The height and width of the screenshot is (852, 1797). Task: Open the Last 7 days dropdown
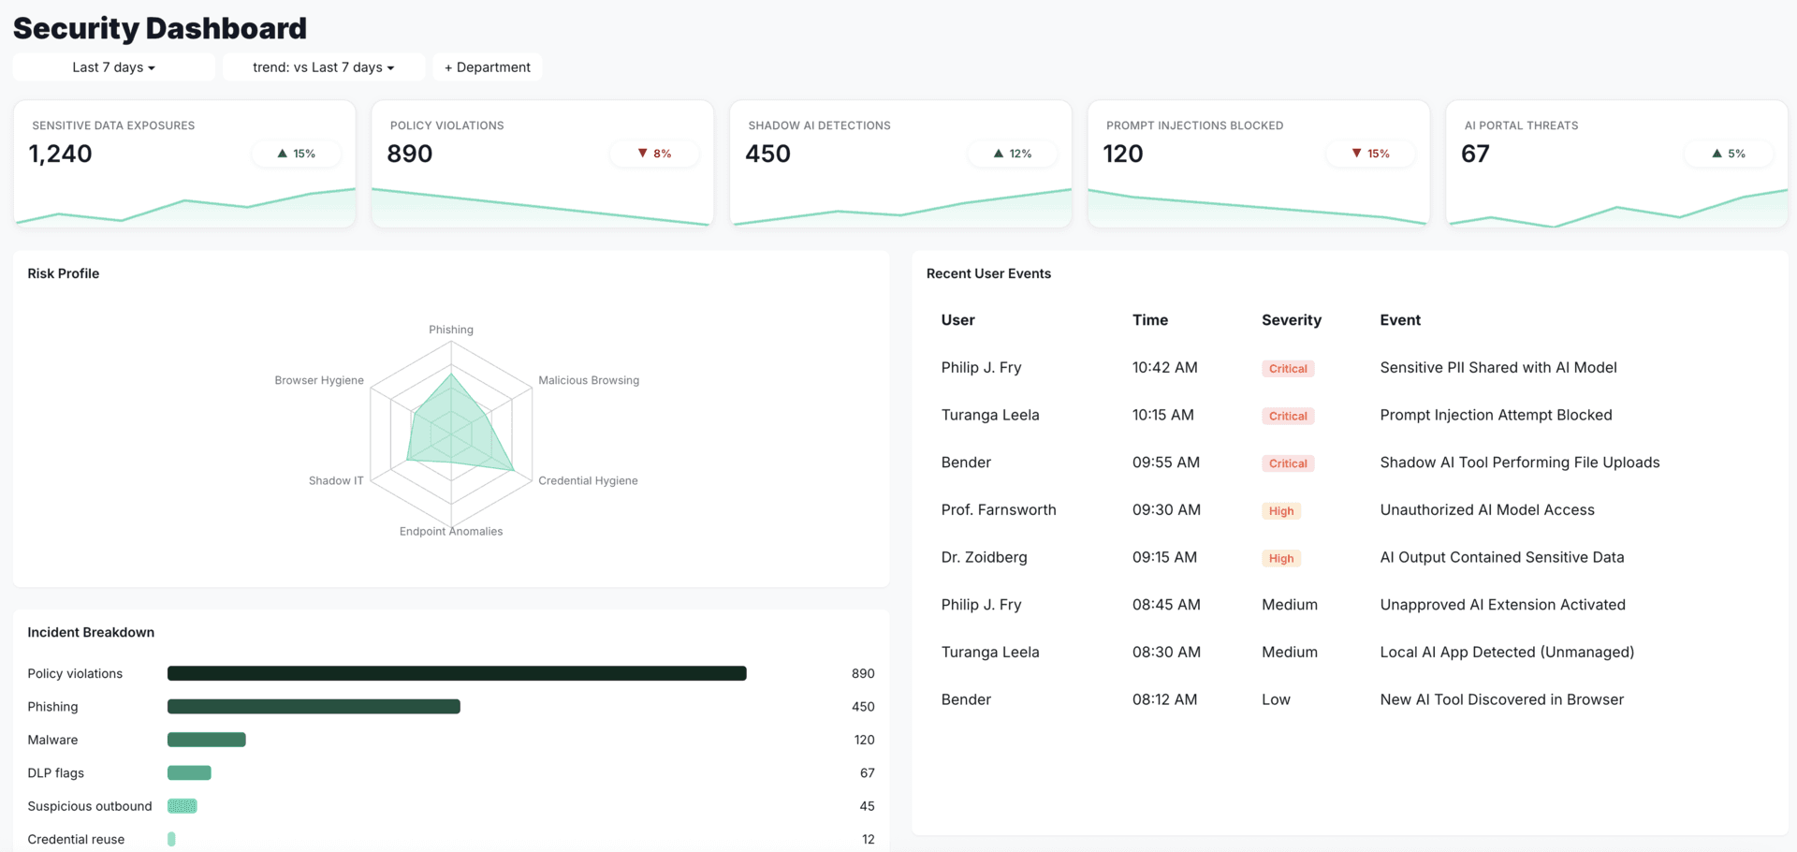[113, 67]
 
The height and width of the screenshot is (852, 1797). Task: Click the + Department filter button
[487, 67]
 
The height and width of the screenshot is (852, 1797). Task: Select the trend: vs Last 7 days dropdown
[323, 67]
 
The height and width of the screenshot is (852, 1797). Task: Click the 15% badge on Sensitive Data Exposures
[296, 154]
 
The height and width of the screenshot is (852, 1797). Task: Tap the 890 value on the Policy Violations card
[410, 154]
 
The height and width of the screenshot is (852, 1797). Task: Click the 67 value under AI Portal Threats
[1475, 154]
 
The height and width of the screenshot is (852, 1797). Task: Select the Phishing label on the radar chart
[451, 330]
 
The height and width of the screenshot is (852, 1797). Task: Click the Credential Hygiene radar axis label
[588, 480]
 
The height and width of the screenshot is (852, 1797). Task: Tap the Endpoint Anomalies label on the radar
[451, 531]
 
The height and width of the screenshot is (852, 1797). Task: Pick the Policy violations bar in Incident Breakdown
[457, 673]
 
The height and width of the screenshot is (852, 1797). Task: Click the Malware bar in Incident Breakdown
[207, 740]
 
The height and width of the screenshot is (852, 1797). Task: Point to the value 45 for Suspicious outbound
[867, 806]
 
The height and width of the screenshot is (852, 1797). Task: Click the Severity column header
[1291, 320]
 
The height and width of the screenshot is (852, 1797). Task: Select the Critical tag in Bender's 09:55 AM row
[1288, 463]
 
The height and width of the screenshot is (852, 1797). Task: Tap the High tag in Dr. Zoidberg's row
[1281, 558]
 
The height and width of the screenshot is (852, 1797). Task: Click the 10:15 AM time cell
[1162, 415]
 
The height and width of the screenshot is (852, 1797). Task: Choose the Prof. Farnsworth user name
[999, 509]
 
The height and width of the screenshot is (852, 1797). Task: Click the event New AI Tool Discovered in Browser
[1501, 699]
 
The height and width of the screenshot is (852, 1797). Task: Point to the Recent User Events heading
[988, 273]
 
